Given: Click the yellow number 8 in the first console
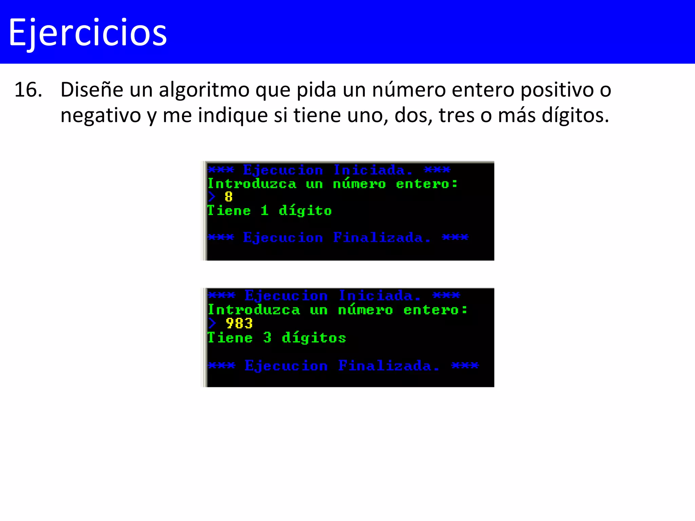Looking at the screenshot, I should tap(229, 197).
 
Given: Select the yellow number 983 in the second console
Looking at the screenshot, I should tap(239, 324).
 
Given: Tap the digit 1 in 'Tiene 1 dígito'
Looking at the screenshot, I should tap(265, 211).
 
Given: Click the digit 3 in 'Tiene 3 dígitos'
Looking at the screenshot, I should tap(267, 337).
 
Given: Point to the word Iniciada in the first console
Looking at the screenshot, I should tap(373, 170).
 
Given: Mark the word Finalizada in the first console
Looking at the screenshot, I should tap(381, 237).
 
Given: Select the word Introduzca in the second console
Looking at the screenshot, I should tap(254, 310).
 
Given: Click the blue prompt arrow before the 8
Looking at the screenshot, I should tap(212, 197).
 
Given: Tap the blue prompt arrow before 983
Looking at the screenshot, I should tap(212, 324).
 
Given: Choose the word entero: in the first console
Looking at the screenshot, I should tap(427, 184).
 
